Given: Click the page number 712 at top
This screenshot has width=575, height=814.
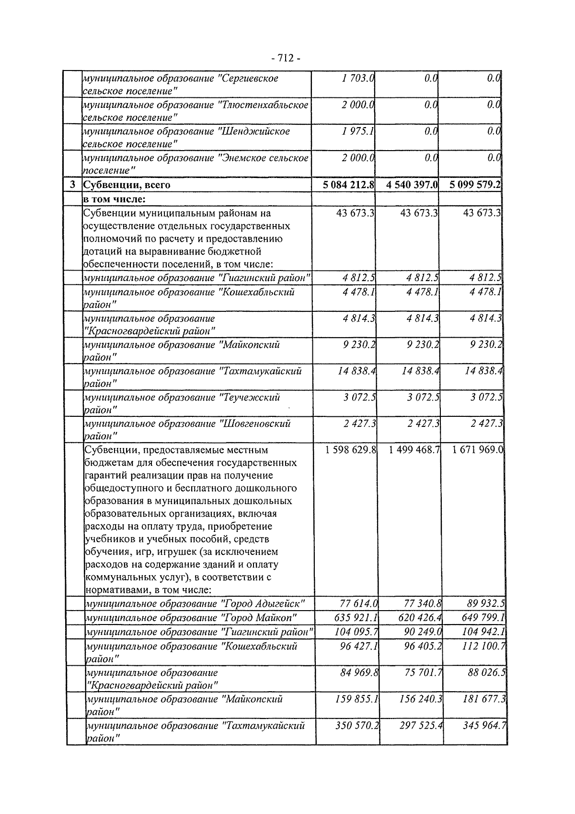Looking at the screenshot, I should (x=286, y=59).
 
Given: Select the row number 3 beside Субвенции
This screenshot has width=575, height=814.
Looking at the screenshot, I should (x=73, y=185).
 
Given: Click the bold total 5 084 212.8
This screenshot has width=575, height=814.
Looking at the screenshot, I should (x=348, y=185).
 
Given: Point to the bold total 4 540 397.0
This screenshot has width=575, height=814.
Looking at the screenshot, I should (x=412, y=185).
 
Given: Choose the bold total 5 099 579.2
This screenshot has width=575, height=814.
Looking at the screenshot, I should (x=475, y=185).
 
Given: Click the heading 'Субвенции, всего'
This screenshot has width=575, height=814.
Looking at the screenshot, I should (x=127, y=185).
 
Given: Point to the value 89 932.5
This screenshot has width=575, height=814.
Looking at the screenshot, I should (x=486, y=603).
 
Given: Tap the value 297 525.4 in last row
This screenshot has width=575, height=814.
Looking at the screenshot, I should (x=421, y=726).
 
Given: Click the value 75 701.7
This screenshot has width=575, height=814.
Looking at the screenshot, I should (x=423, y=673).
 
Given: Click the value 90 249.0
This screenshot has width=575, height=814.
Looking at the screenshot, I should (x=423, y=631).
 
